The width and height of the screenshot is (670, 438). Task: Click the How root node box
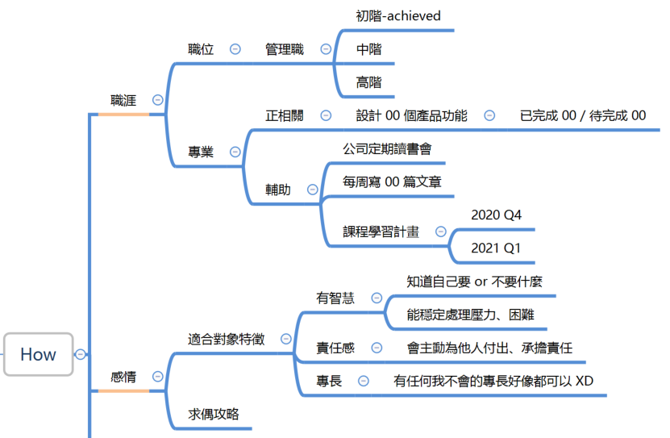tap(38, 354)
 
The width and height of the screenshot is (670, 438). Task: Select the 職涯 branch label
tap(123, 100)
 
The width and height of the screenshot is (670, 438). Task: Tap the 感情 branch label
tap(123, 377)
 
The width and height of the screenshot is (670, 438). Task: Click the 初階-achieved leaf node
tap(398, 16)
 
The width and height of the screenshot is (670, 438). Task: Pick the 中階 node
tap(368, 49)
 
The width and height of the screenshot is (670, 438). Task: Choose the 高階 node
tap(368, 82)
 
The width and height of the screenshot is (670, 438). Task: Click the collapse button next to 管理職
tap(326, 48)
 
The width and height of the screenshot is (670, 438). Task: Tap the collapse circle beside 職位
tap(235, 48)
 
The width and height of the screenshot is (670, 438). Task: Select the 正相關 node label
tap(285, 115)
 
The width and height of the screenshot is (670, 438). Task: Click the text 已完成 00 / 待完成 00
tap(583, 115)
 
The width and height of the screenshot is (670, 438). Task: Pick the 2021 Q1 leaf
tap(496, 248)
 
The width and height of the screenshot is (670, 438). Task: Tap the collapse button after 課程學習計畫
tap(440, 232)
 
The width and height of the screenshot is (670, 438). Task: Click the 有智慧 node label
tap(335, 298)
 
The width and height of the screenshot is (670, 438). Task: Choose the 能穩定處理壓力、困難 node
tap(471, 315)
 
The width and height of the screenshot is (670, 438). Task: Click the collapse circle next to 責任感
tap(377, 348)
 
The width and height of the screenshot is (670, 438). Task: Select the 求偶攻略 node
tap(214, 414)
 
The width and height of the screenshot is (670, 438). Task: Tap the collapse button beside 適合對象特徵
tap(286, 339)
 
